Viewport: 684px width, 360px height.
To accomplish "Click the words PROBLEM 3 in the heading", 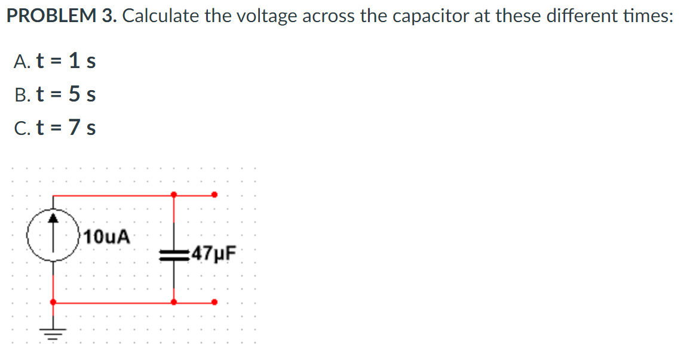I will pyautogui.click(x=60, y=16).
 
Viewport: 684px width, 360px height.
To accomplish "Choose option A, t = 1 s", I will pyautogui.click(x=54, y=60).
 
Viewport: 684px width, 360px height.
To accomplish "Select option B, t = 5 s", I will pyautogui.click(x=54, y=94).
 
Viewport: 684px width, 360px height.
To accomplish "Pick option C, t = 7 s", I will pyautogui.click(x=54, y=127).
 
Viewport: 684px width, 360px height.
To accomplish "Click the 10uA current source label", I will pyautogui.click(x=107, y=236).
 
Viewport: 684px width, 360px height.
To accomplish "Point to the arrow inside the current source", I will pyautogui.click(x=54, y=224).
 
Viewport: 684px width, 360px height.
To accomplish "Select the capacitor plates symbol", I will pyautogui.click(x=173, y=254).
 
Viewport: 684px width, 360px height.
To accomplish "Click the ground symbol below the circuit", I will pyautogui.click(x=54, y=332).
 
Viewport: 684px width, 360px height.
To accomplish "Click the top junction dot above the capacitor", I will pyautogui.click(x=173, y=194).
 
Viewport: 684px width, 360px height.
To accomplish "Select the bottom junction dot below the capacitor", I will pyautogui.click(x=173, y=302).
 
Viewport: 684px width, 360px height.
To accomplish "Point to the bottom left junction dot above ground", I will pyautogui.click(x=54, y=302).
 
